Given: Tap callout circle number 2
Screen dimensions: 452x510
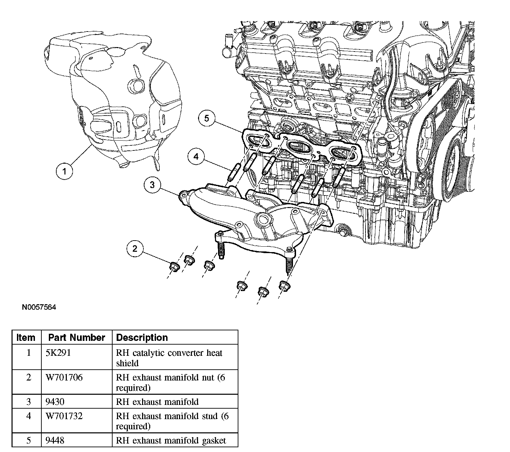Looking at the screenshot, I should tap(135, 249).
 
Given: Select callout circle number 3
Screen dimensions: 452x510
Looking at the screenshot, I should tap(152, 185).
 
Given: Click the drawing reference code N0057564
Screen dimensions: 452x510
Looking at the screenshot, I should tap(39, 307).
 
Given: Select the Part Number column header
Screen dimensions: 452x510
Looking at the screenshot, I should tap(77, 337).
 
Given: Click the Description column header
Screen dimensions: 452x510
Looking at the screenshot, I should tap(142, 337).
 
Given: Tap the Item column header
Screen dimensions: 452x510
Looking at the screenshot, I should tap(26, 337).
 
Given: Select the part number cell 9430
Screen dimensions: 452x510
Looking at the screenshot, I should tap(55, 402).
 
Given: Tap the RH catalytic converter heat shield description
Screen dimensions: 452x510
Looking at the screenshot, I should tap(169, 358).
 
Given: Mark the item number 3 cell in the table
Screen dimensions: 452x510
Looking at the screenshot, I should tap(28, 402).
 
